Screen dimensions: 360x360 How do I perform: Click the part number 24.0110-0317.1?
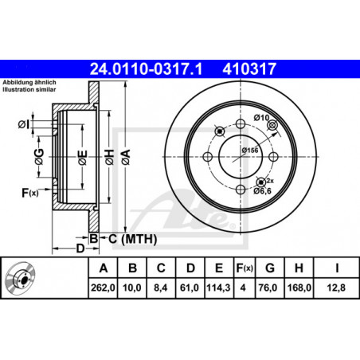coord(146,69)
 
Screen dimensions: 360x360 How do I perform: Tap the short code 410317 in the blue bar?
coord(249,69)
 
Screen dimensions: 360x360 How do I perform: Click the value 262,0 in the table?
coord(103,288)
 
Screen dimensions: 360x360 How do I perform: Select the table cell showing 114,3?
coord(218,288)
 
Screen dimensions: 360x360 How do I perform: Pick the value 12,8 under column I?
coord(336,288)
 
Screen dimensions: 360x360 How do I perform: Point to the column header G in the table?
coord(270,268)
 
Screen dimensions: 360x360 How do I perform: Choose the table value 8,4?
coord(161,288)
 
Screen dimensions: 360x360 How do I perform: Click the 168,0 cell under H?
coord(299,288)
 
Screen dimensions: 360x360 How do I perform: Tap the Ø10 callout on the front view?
coord(261,118)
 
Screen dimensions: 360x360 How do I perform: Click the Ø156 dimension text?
coord(250,151)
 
